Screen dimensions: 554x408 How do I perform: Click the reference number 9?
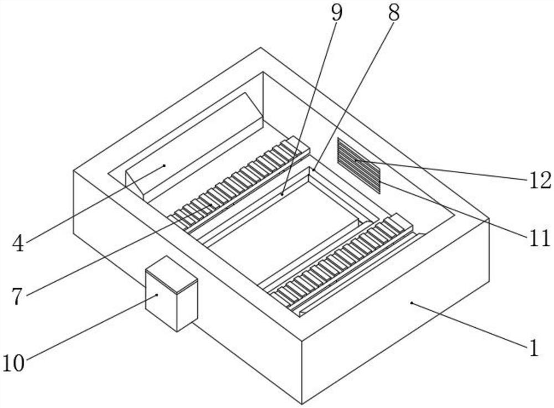pos(337,13)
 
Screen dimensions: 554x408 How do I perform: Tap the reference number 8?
pos(393,13)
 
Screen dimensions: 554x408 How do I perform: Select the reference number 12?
pos(540,180)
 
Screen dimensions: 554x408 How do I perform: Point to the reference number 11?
pos(540,237)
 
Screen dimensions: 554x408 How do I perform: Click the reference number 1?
pos(534,348)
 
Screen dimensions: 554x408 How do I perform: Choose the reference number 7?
pos(17,296)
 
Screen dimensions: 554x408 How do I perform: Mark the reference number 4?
pos(18,244)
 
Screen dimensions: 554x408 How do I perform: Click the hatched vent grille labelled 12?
pos(359,166)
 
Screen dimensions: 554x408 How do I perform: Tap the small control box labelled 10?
pos(172,293)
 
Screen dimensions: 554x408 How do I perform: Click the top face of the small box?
pos(172,274)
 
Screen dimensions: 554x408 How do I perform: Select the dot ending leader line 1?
pos(411,302)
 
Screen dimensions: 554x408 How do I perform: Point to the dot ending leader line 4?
pos(165,165)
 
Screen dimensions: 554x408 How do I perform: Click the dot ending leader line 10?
pos(157,295)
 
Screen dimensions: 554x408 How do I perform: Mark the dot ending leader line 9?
pos(282,194)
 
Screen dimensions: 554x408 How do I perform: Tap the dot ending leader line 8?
pos(314,170)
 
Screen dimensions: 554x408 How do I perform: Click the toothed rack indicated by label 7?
pos(239,182)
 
